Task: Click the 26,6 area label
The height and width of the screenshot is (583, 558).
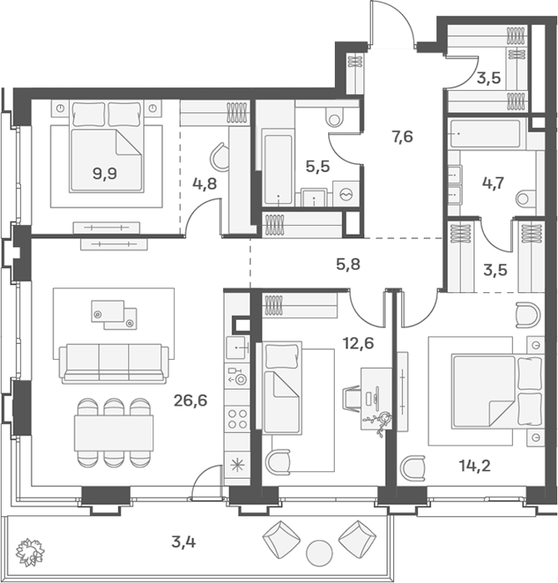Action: pyautogui.click(x=190, y=401)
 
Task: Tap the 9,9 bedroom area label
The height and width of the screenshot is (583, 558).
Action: pyautogui.click(x=105, y=173)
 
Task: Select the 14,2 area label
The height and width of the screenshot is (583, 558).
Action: pyautogui.click(x=475, y=466)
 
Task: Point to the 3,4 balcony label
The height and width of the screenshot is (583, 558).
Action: pyautogui.click(x=183, y=542)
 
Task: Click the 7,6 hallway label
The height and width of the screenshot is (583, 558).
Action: pyautogui.click(x=402, y=137)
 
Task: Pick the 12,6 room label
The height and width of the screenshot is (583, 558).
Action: pyautogui.click(x=358, y=343)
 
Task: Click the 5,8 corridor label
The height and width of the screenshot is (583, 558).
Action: pyautogui.click(x=348, y=264)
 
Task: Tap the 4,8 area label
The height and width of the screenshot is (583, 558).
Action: pyautogui.click(x=205, y=183)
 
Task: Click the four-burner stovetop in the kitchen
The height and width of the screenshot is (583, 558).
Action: pyautogui.click(x=237, y=419)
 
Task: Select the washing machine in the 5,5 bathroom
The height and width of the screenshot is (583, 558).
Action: pyautogui.click(x=346, y=193)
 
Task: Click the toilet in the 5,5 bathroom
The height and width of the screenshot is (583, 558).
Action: pyautogui.click(x=336, y=117)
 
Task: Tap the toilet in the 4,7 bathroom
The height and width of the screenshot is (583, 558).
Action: pyautogui.click(x=526, y=198)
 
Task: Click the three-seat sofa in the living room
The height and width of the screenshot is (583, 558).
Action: pyautogui.click(x=114, y=363)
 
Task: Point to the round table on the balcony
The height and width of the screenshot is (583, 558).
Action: pyautogui.click(x=319, y=552)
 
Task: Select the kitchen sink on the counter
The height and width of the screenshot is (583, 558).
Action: pyautogui.click(x=237, y=347)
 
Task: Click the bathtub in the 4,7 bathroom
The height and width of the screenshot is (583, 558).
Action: pyautogui.click(x=486, y=133)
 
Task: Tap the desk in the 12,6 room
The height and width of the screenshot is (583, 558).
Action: pyautogui.click(x=376, y=399)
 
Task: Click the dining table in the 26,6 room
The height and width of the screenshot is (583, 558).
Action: pyautogui.click(x=114, y=433)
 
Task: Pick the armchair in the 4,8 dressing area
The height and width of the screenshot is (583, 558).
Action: pyautogui.click(x=221, y=157)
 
